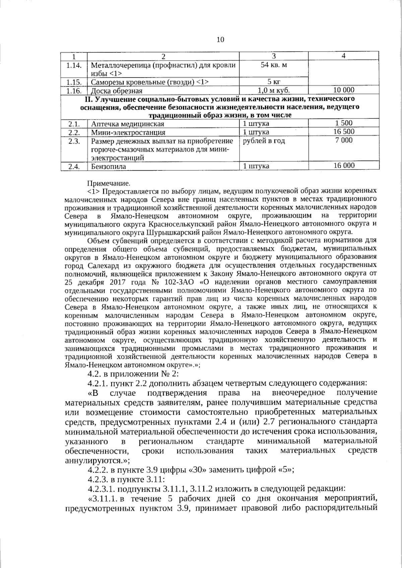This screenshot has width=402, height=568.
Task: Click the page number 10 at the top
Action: pyautogui.click(x=220, y=40)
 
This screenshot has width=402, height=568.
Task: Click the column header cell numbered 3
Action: pyautogui.click(x=274, y=56)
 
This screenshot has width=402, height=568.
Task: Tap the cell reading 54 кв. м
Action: pyautogui.click(x=274, y=65)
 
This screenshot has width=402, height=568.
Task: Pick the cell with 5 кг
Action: pyautogui.click(x=274, y=82)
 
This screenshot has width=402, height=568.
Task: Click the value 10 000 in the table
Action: pyautogui.click(x=344, y=90)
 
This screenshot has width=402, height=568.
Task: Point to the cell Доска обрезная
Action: pyautogui.click(x=117, y=91)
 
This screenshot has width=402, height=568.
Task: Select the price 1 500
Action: pyautogui.click(x=344, y=123)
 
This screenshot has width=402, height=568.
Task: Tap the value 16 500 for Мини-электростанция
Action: pyautogui.click(x=344, y=132)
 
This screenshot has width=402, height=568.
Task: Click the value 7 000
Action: pyautogui.click(x=344, y=140)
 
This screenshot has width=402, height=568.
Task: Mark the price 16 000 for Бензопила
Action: pyautogui.click(x=344, y=165)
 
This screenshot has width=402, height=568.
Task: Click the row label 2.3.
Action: pyautogui.click(x=74, y=141)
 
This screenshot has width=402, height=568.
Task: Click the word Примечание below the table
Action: pyautogui.click(x=108, y=183)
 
